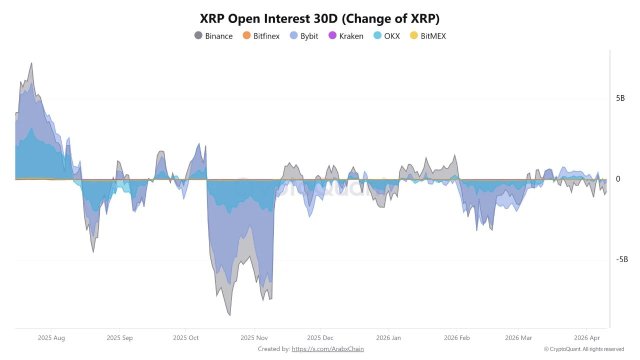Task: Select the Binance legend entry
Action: (x=213, y=36)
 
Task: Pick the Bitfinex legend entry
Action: (x=261, y=36)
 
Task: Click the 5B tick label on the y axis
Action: (x=620, y=99)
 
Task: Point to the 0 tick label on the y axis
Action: (x=618, y=179)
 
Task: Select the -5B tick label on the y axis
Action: (x=620, y=259)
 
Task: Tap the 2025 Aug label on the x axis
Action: (x=52, y=338)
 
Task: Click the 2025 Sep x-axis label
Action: (x=119, y=338)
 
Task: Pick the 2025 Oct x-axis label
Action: (x=186, y=338)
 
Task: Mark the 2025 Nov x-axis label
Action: (x=254, y=338)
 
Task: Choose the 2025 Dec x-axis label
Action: (x=321, y=338)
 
